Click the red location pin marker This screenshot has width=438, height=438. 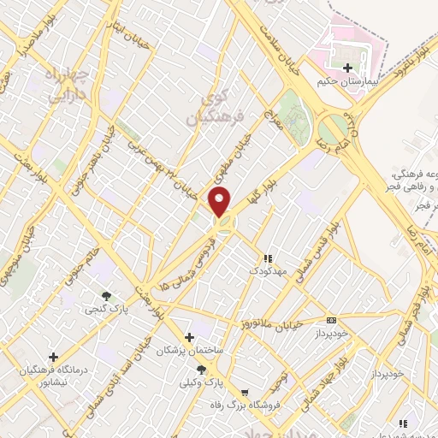tap(220, 203)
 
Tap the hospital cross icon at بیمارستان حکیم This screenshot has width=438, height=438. tap(346, 68)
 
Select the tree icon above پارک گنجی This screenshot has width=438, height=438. tap(105, 295)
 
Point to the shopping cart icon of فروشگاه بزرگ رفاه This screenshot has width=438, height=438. tap(246, 393)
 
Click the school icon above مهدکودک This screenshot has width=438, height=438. tap(267, 257)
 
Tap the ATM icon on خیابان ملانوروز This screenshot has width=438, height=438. tap(332, 320)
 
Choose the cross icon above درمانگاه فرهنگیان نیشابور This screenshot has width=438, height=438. tap(53, 356)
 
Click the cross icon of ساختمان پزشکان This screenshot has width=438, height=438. tap(189, 338)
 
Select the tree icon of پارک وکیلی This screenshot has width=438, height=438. tap(201, 370)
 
